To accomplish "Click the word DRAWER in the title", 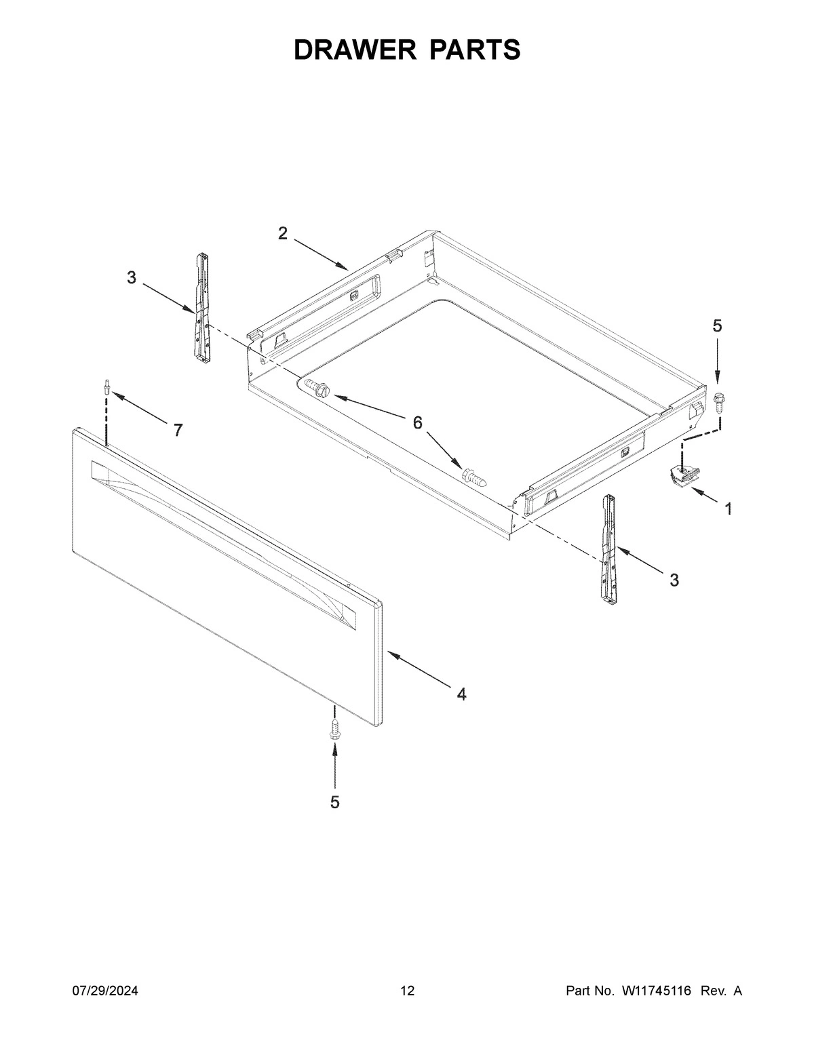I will tap(353, 50).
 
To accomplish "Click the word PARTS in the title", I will tap(474, 50).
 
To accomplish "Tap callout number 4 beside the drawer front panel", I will tap(461, 694).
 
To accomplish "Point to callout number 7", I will tap(178, 430).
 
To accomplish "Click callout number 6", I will tap(417, 423).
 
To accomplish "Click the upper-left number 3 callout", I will tap(132, 277).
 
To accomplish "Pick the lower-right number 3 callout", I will tap(674, 580).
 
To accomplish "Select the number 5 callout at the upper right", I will tap(717, 326).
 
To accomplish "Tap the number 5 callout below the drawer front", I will tap(334, 802).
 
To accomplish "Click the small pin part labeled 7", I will tap(106, 386).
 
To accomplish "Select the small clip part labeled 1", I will tap(684, 474).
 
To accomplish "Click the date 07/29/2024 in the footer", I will tap(105, 991).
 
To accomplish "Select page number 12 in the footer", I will tap(407, 991).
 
